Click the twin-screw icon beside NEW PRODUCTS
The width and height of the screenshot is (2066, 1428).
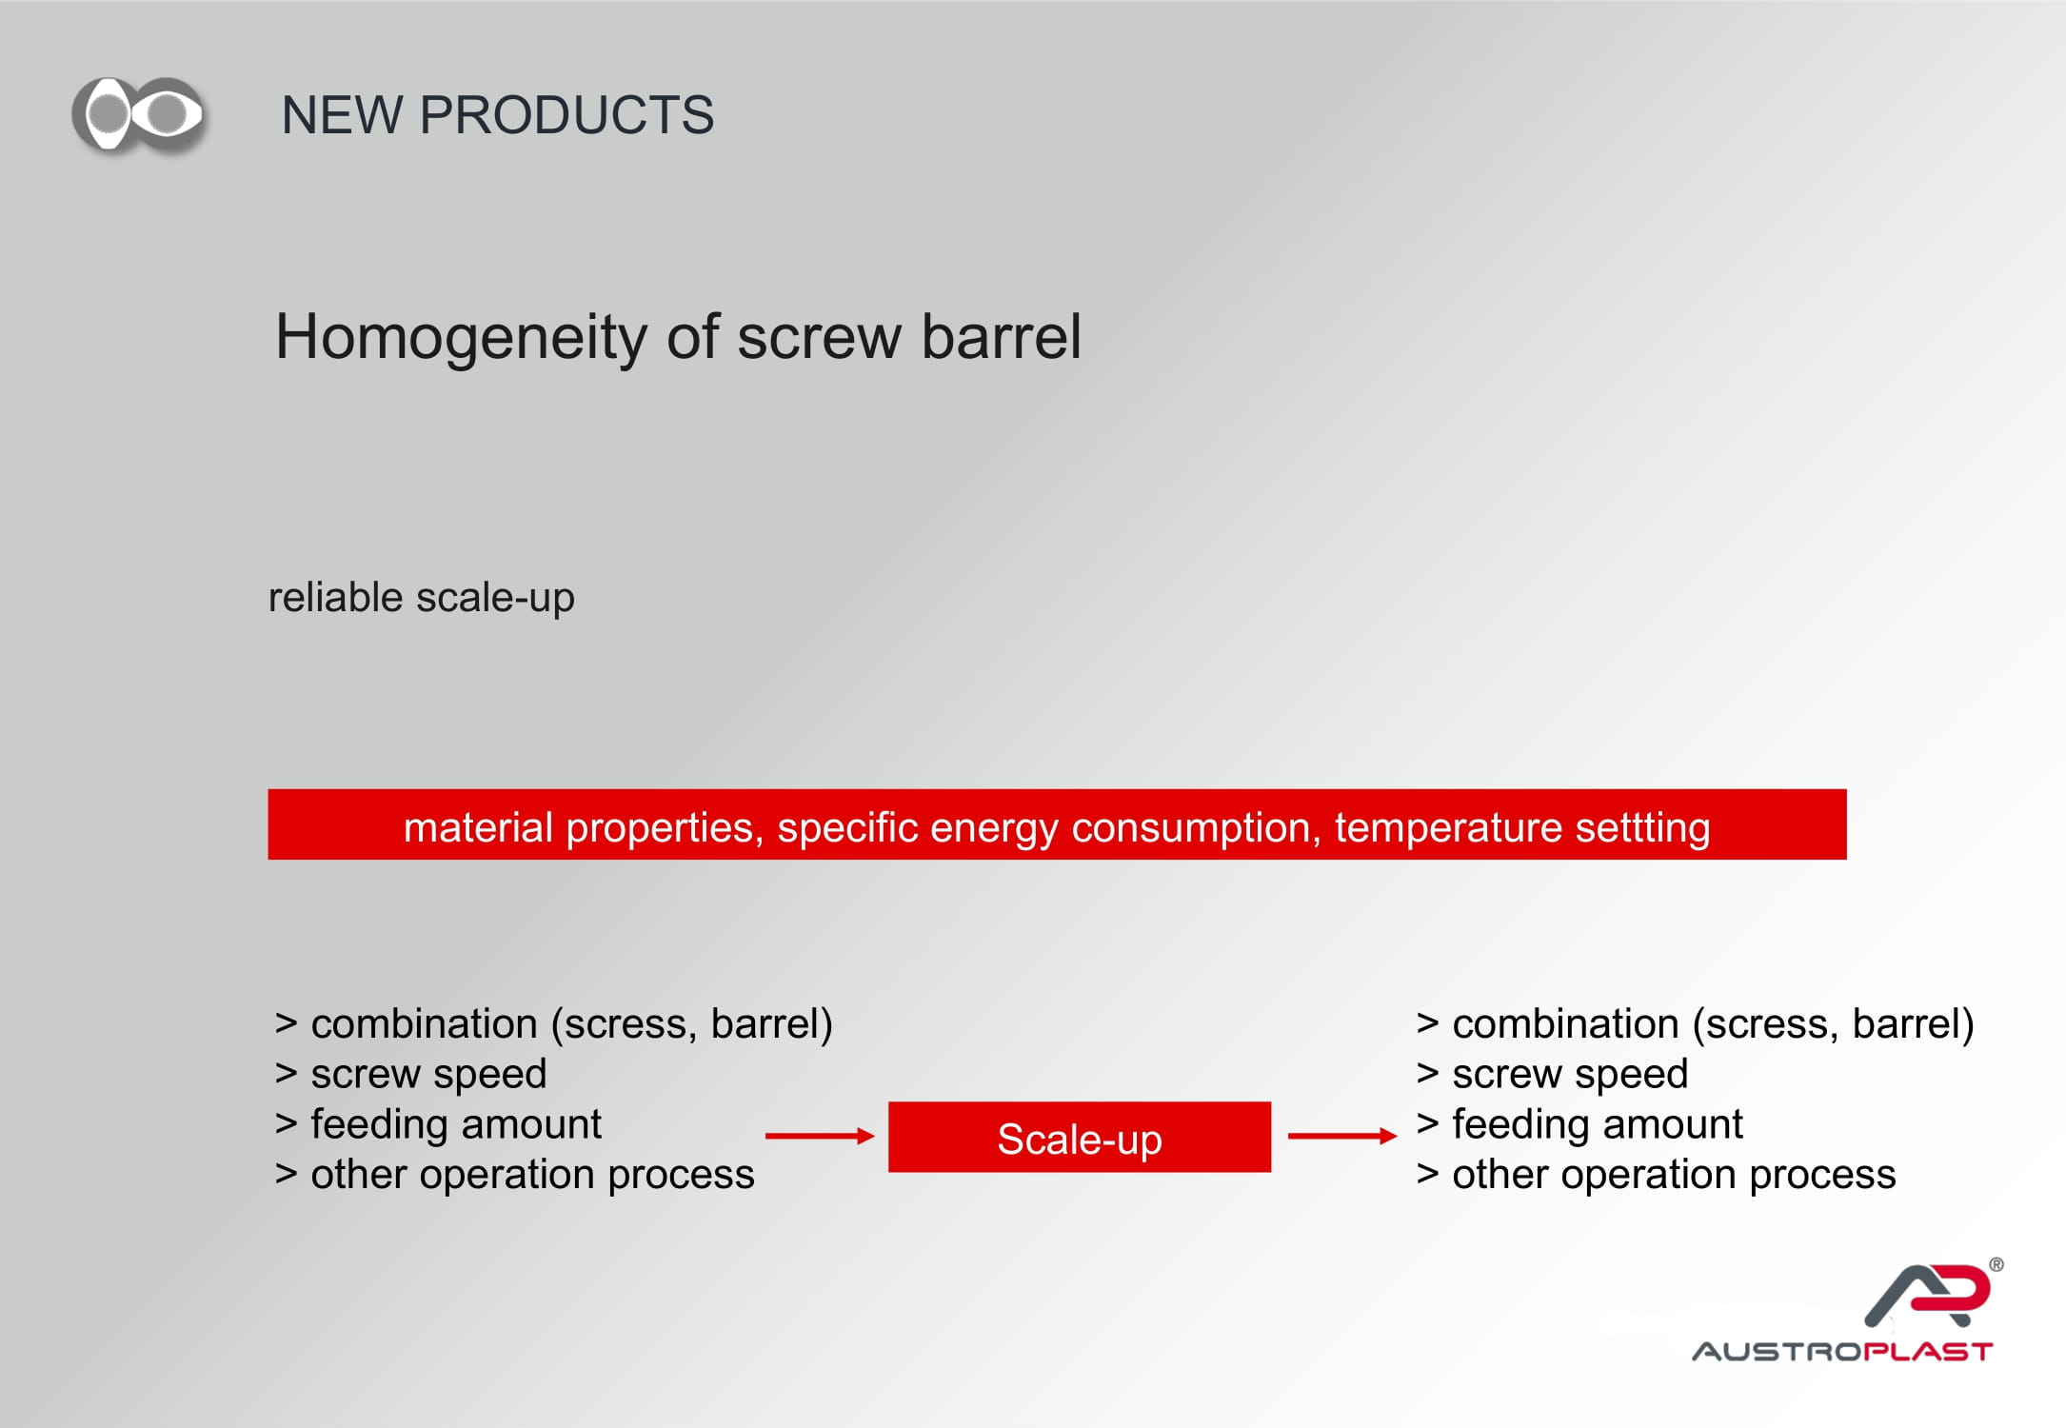point(139,114)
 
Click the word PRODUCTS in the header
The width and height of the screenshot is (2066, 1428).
point(566,115)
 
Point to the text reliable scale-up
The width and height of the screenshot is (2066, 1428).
point(421,598)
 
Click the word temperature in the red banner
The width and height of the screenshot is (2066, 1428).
point(1448,827)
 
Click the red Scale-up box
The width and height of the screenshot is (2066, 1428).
point(1080,1137)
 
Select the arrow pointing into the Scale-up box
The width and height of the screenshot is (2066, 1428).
point(820,1136)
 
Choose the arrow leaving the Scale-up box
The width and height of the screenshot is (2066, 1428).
point(1342,1136)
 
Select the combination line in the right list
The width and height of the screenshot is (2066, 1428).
point(1696,1024)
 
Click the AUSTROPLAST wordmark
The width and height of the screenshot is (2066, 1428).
point(1842,1352)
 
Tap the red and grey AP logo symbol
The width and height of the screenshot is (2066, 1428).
point(1929,1295)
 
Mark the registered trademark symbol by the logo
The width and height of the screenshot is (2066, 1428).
point(1996,1264)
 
